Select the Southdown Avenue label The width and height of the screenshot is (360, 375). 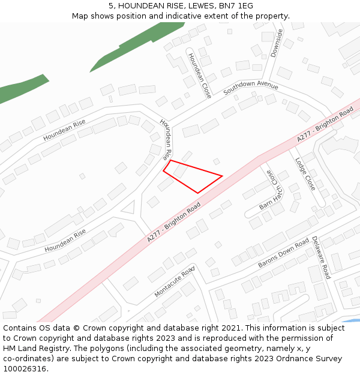tap(251, 88)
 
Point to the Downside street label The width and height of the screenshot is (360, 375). tap(276, 43)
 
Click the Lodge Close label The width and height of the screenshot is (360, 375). tap(305, 174)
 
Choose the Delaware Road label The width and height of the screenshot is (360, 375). tap(321, 257)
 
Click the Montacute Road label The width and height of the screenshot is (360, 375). tap(175, 281)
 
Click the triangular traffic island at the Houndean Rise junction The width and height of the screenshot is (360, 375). tap(128, 208)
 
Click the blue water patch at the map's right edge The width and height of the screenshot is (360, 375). tap(355, 321)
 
